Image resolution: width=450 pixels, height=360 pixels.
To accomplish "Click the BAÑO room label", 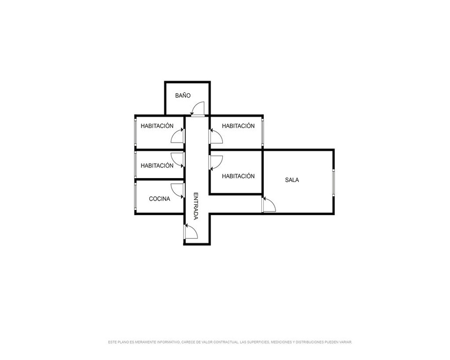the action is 183,95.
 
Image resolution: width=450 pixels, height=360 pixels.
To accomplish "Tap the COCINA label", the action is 160,198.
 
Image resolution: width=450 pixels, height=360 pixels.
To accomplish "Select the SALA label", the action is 292,180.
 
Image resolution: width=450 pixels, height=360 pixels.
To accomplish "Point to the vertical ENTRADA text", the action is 196,206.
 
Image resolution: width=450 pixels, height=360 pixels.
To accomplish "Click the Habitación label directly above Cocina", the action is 157,166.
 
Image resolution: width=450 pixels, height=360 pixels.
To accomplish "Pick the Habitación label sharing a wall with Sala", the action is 238,176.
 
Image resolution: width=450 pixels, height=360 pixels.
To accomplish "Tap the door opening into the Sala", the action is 269,204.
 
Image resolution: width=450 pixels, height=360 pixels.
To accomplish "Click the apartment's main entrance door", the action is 191,231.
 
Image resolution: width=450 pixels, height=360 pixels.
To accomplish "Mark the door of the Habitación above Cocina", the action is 177,160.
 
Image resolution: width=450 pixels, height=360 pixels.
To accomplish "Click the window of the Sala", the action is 334,183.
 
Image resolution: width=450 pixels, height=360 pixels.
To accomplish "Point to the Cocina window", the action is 135,197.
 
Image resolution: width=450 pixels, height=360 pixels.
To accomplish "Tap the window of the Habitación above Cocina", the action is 135,165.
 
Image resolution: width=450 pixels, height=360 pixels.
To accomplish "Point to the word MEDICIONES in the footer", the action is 282,342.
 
